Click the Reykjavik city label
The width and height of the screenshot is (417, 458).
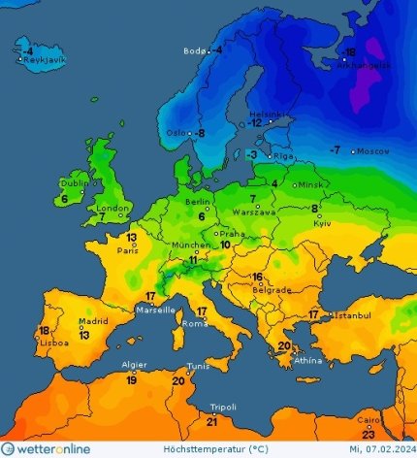pyautogui.click(x=45, y=59)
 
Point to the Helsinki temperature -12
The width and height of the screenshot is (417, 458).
pyautogui.click(x=255, y=122)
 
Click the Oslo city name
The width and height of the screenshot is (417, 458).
pyautogui.click(x=176, y=133)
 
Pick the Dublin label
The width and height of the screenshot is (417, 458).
pyautogui.click(x=75, y=182)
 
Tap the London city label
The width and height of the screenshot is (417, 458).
pyautogui.click(x=113, y=208)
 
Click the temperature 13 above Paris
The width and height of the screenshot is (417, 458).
pyautogui.click(x=130, y=237)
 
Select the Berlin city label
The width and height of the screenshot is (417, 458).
pyautogui.click(x=197, y=202)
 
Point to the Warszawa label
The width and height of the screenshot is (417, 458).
pyautogui.click(x=257, y=211)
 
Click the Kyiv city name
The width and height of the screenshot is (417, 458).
pyautogui.click(x=322, y=223)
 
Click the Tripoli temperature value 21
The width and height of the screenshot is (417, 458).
pyautogui.click(x=212, y=420)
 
